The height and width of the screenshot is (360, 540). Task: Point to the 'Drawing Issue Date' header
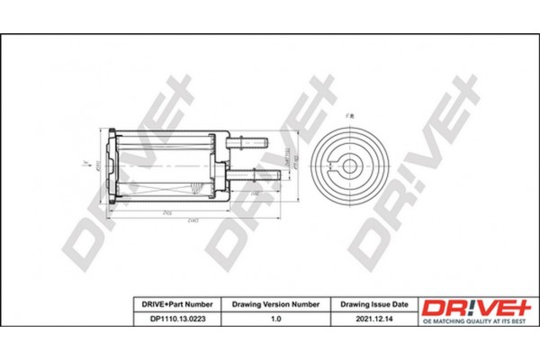pos(373,304)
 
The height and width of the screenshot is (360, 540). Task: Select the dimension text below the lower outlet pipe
pos(256,192)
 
